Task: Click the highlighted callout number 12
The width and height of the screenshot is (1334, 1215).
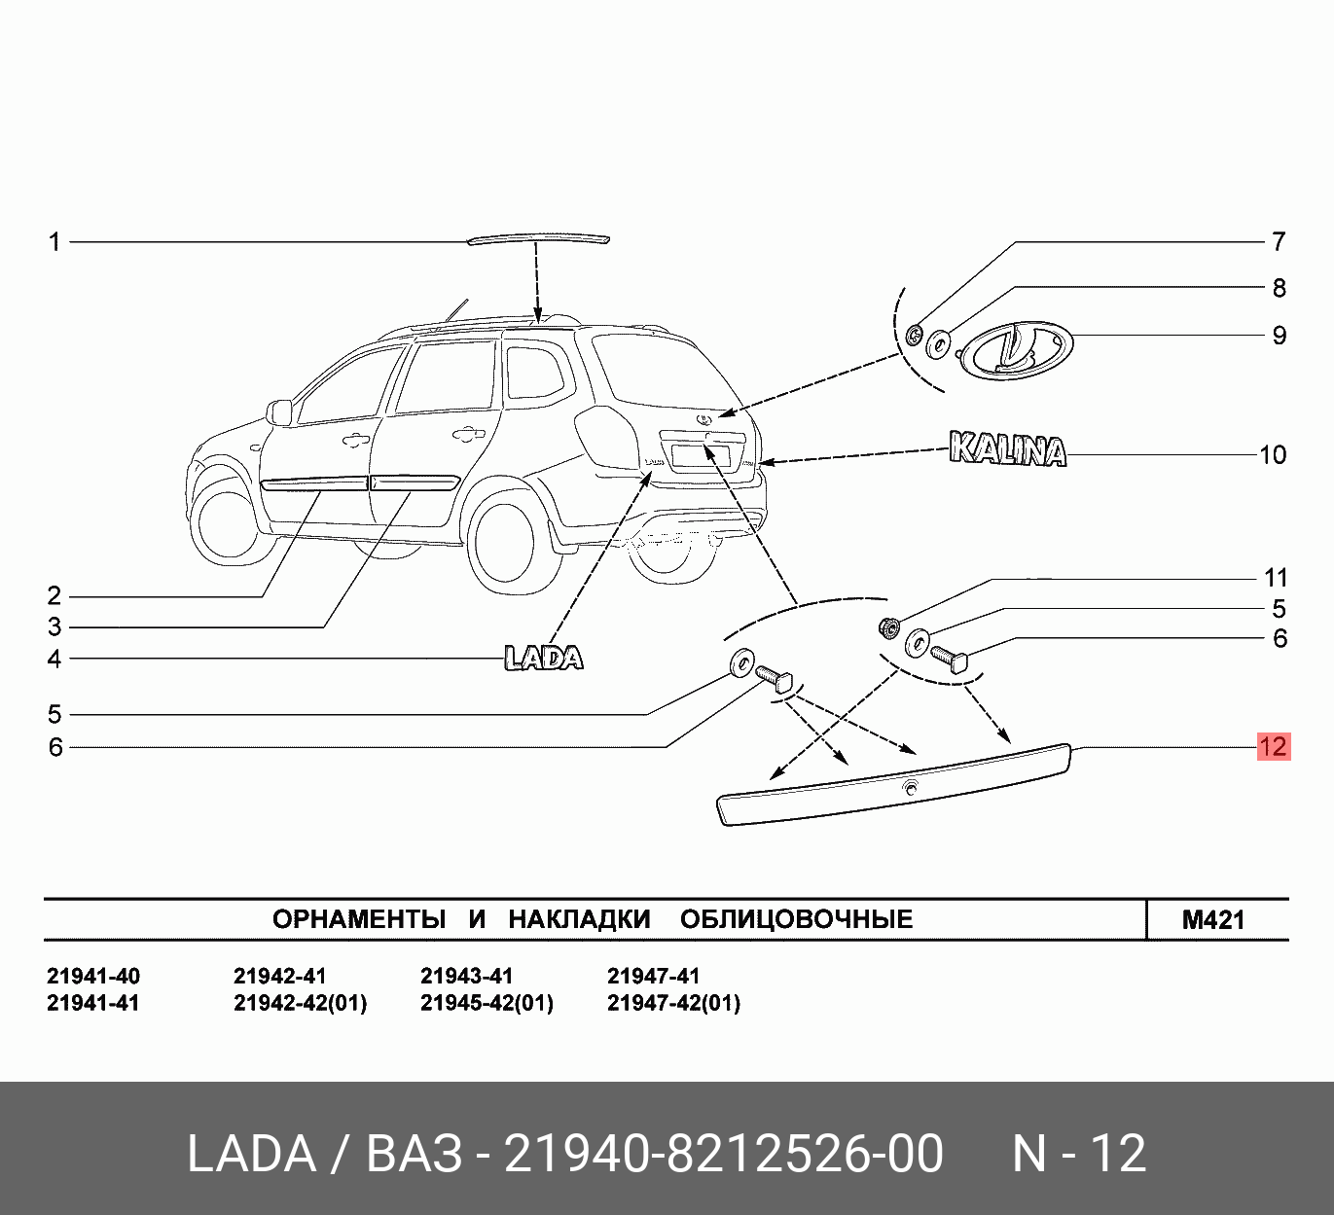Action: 1273,746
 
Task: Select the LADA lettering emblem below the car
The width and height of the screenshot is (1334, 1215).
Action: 544,659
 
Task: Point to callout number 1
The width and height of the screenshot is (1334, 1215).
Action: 55,241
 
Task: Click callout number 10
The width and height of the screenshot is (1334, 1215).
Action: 1273,454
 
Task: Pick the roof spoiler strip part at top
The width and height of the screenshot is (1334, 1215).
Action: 537,238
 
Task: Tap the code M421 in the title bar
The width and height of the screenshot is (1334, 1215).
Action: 1213,919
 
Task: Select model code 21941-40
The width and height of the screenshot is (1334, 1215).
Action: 93,976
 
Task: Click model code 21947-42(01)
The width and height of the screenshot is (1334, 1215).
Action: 673,1003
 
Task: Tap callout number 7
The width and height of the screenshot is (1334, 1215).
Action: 1279,241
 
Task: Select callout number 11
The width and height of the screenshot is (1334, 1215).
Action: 1276,578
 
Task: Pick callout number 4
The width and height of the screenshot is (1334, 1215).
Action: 55,659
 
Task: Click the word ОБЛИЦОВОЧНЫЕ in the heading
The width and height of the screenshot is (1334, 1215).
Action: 796,919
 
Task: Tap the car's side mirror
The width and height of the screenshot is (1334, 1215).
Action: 279,411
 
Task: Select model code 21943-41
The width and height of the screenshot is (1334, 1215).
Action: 466,976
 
